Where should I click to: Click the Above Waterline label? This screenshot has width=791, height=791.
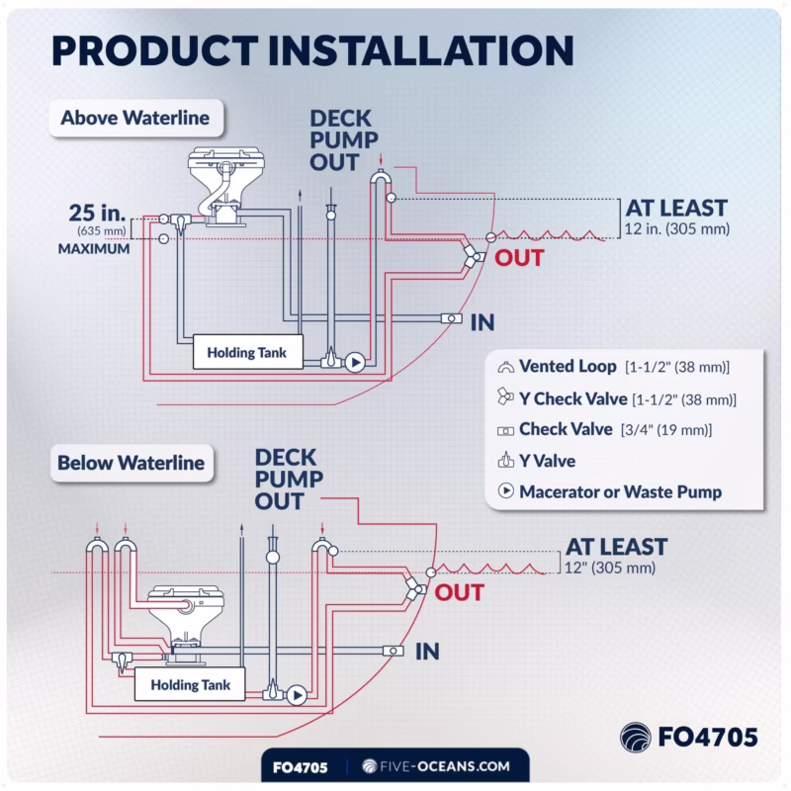tap(135, 119)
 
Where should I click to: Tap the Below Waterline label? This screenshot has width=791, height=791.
tap(132, 463)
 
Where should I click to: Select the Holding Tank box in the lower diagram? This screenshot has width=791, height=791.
tap(191, 685)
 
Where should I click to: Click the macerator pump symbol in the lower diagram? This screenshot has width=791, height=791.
tap(296, 695)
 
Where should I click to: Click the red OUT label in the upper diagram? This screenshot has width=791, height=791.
tap(519, 258)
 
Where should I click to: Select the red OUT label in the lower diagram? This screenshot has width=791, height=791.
tap(460, 593)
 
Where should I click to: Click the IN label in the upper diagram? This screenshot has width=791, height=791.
tap(483, 322)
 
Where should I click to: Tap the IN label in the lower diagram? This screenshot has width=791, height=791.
tap(427, 652)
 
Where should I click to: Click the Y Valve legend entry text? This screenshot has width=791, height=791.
tap(547, 460)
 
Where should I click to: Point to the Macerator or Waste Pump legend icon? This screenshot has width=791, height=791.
tap(506, 491)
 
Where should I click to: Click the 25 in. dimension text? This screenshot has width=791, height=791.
tap(97, 213)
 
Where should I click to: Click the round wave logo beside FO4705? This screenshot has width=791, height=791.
tap(636, 738)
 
